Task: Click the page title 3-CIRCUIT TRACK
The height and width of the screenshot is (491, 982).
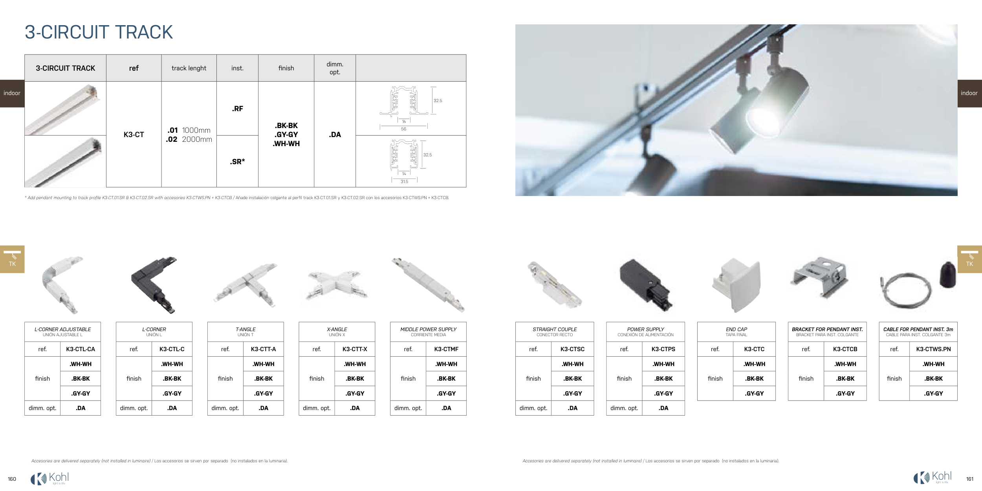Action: coord(99,32)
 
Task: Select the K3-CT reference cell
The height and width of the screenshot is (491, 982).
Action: coord(134,135)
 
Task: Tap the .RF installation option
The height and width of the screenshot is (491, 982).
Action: coord(237,109)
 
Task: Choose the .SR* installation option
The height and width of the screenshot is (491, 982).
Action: coord(237,161)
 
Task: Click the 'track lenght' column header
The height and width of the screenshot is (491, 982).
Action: coord(189,68)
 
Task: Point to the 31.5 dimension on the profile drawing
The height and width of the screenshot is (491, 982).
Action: coord(405,181)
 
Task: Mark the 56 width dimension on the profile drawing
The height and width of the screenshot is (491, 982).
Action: coord(403,129)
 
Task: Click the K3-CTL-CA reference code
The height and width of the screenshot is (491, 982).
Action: coord(81,349)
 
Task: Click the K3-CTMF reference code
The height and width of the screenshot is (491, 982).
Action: coord(446,349)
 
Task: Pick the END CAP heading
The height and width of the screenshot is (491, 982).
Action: coord(736,329)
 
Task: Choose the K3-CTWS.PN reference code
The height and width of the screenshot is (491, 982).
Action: coord(934,349)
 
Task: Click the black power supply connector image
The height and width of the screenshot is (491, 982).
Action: coord(645,285)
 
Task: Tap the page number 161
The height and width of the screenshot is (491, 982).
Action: coord(970,479)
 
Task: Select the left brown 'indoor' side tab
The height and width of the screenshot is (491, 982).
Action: coord(12,93)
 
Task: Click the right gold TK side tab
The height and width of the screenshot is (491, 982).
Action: coord(969,259)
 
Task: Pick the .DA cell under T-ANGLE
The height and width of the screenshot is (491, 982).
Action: coord(264,408)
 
